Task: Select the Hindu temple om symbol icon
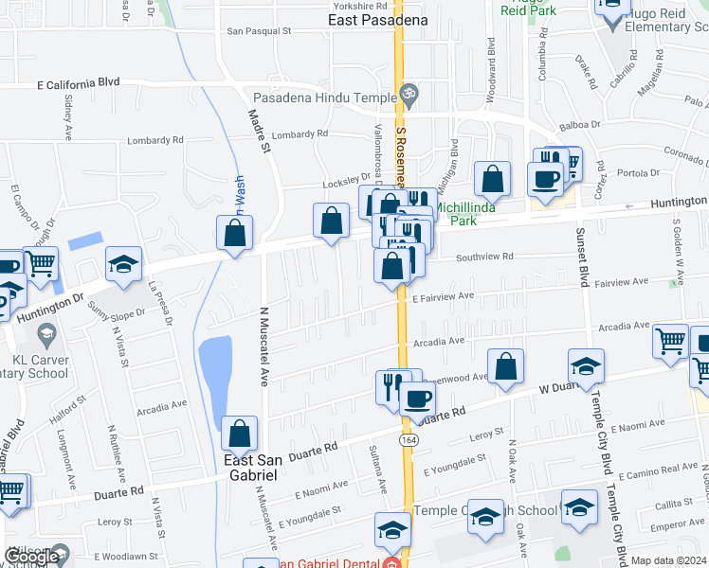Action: pyautogui.click(x=409, y=93)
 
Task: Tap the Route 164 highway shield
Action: pyautogui.click(x=408, y=441)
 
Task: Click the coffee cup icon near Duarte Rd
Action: pyautogui.click(x=416, y=398)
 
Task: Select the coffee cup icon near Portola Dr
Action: pyautogui.click(x=545, y=179)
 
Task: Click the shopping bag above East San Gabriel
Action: pyautogui.click(x=240, y=433)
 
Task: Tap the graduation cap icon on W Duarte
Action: pyautogui.click(x=586, y=367)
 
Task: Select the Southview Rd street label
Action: pyautogui.click(x=483, y=257)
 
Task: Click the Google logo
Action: pyautogui.click(x=31, y=557)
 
